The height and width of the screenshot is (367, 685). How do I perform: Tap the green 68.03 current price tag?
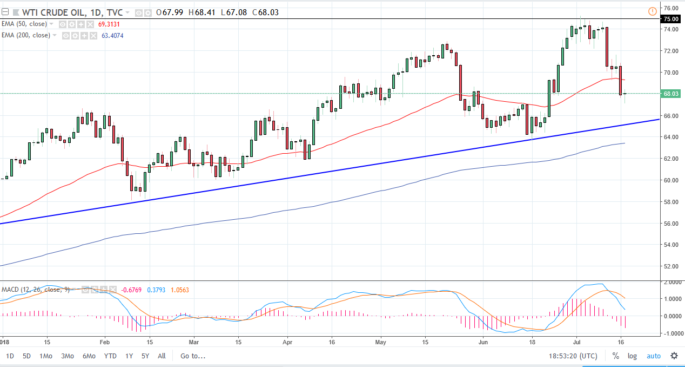670,94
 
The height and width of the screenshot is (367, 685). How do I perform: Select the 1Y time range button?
129,356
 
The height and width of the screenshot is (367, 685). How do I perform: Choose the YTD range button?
110,356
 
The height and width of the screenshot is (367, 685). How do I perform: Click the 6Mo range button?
89,356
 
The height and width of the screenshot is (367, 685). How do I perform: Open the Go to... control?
193,356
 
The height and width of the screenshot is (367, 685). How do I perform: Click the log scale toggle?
632,356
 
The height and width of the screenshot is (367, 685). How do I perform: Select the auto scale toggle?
653,356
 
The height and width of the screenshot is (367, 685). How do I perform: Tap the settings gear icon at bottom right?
674,356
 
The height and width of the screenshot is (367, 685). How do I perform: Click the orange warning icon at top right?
652,11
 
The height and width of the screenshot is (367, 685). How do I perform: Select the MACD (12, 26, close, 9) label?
35,290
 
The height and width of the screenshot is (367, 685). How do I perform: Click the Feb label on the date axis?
104,342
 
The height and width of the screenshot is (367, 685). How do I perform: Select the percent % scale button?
615,356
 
